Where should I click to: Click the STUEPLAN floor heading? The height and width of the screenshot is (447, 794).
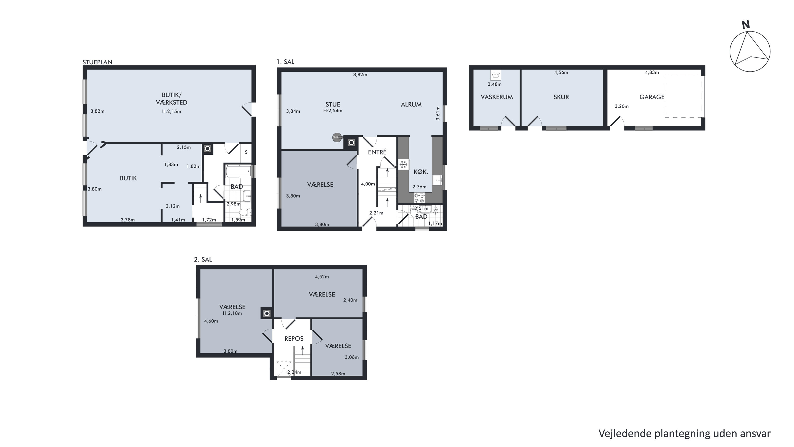click(x=97, y=62)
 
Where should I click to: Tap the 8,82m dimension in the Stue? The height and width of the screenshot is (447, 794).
click(x=360, y=75)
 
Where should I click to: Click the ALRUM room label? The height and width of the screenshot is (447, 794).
click(x=411, y=105)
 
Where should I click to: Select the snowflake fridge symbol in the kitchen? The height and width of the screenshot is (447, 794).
click(x=403, y=165)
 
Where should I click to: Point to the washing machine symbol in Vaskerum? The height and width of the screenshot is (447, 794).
click(x=496, y=75)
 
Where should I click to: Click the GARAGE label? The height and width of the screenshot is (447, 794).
click(x=652, y=97)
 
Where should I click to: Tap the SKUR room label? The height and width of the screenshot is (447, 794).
click(x=561, y=97)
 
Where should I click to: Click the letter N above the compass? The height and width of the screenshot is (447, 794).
click(x=746, y=25)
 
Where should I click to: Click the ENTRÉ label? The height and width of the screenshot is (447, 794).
click(x=377, y=152)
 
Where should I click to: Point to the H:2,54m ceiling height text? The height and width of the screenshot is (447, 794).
click(x=333, y=111)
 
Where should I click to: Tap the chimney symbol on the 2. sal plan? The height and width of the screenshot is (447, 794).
click(x=267, y=313)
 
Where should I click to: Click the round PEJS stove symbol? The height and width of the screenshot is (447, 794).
click(x=337, y=137)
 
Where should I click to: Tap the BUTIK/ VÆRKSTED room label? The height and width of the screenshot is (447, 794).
click(x=172, y=99)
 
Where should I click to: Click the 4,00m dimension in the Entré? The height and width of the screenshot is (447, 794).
click(x=368, y=184)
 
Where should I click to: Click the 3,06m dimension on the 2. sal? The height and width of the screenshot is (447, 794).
click(x=352, y=357)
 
